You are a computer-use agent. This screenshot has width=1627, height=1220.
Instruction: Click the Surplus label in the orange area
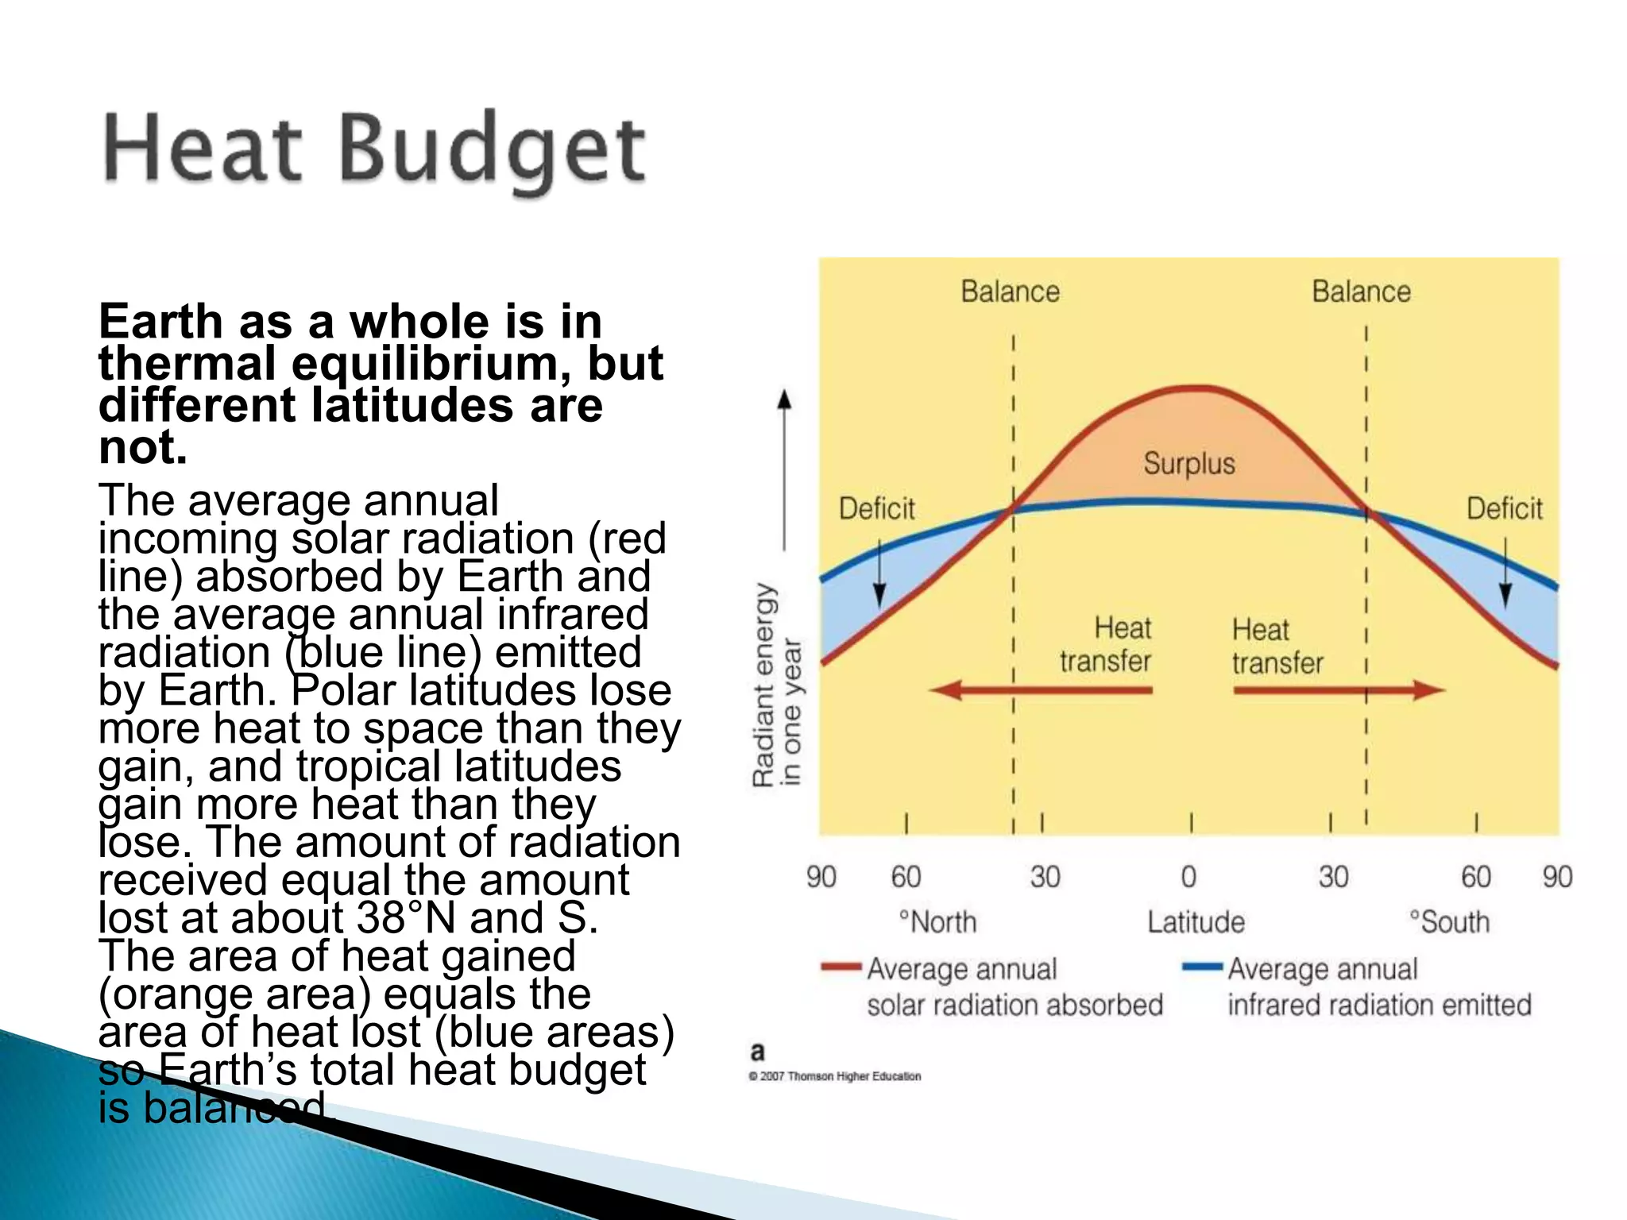coord(1189,463)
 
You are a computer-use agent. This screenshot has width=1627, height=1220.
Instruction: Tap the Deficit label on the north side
coord(877,508)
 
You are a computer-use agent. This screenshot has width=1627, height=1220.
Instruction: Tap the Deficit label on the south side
coord(1504,508)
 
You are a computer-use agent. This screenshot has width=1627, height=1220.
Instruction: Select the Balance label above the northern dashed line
coord(1010,291)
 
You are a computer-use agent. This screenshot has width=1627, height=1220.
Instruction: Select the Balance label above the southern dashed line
coord(1361,291)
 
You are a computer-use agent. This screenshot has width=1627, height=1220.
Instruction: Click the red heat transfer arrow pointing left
coord(1041,690)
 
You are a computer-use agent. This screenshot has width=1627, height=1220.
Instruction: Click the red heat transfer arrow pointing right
coord(1339,690)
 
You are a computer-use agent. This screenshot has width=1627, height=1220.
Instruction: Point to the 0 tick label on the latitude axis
coord(1188,877)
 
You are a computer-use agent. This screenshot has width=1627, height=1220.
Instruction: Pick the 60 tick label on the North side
coord(906,877)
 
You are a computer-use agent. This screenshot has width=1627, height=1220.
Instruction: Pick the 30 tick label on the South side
coord(1333,877)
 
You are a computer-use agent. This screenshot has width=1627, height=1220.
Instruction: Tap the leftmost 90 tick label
coord(821,877)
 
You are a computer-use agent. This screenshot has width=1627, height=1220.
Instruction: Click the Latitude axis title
coord(1196,922)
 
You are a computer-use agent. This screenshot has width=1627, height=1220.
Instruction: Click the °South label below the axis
coord(1449,922)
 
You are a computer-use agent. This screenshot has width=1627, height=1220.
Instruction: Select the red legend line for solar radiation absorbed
coord(841,967)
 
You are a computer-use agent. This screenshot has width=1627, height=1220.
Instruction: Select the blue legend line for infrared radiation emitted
coord(1202,967)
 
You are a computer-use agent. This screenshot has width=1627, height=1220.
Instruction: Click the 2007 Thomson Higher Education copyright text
coord(835,1076)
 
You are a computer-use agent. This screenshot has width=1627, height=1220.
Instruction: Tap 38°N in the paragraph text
coord(406,918)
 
